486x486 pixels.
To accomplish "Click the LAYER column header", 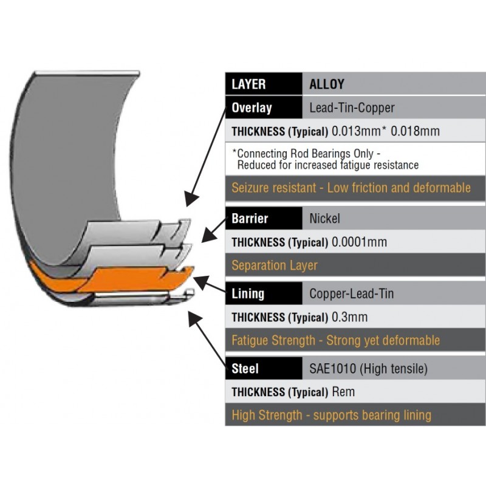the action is pyautogui.click(x=248, y=84).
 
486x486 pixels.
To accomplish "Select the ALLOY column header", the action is pyautogui.click(x=327, y=84).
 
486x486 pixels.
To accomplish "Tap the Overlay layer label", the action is pyautogui.click(x=252, y=108).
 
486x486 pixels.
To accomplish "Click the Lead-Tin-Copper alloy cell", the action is pyautogui.click(x=352, y=108).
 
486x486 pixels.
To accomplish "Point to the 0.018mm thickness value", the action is pyautogui.click(x=415, y=131).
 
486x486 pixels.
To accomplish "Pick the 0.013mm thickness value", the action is pyautogui.click(x=357, y=131).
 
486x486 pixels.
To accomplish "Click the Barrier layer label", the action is pyautogui.click(x=250, y=219).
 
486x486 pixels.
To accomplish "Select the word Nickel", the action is pyautogui.click(x=324, y=219).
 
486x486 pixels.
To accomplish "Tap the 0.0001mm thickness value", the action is pyautogui.click(x=359, y=242).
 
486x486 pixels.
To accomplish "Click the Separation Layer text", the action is pyautogui.click(x=275, y=265).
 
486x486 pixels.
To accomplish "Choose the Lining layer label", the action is pyautogui.click(x=248, y=293).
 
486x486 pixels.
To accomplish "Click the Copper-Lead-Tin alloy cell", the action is pyautogui.click(x=352, y=293).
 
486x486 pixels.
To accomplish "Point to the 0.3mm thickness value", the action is pyautogui.click(x=350, y=317).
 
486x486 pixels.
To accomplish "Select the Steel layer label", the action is pyautogui.click(x=245, y=369).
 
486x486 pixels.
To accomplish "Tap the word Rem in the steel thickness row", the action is pyautogui.click(x=343, y=392).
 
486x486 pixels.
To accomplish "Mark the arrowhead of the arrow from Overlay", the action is pyautogui.click(x=191, y=199).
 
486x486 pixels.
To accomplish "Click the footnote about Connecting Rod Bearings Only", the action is pyautogui.click(x=325, y=159).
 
